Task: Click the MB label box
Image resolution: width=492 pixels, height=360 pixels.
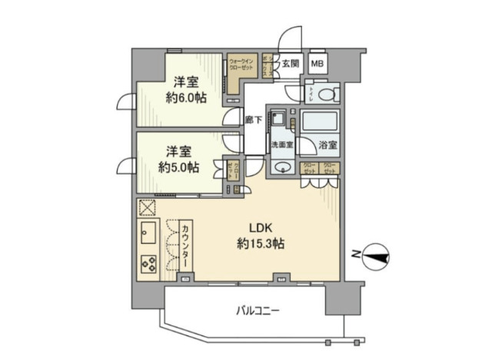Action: tap(317, 63)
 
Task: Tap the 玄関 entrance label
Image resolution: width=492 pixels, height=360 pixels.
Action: tap(290, 63)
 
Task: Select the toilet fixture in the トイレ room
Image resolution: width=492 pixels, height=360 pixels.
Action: tap(327, 95)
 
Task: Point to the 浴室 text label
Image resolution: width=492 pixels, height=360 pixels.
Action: tap(327, 145)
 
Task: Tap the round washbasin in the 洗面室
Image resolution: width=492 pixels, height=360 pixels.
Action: tap(282, 169)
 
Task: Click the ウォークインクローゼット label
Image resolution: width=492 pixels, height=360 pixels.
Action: tap(242, 63)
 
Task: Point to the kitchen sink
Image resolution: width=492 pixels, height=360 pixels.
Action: tap(148, 232)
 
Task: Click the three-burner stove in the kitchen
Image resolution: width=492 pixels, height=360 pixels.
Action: tap(148, 262)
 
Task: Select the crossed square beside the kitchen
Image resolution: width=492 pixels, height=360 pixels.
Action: tap(148, 208)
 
